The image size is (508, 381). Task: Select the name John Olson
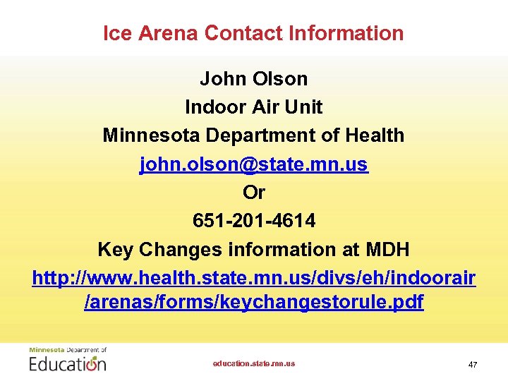(254, 78)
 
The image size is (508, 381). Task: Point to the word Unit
(303, 107)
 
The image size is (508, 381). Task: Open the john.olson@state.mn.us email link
(254, 164)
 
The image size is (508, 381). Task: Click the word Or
(254, 193)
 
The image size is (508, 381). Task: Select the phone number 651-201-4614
(254, 221)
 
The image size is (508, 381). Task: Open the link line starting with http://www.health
(254, 277)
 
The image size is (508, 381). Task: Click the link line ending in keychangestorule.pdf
(254, 303)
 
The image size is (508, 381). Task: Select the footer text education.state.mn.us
(254, 363)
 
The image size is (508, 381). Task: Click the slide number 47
(473, 364)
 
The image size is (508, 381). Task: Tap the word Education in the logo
(68, 363)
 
